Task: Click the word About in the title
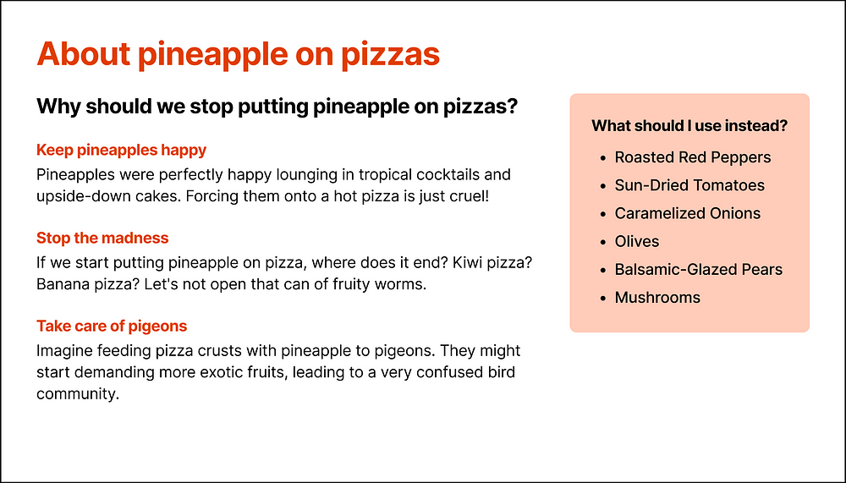click(x=84, y=54)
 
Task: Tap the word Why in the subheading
click(x=58, y=107)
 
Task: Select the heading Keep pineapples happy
click(x=121, y=150)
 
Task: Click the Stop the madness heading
click(x=102, y=238)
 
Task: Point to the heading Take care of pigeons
click(x=112, y=326)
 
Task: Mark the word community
click(x=78, y=394)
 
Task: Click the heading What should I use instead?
click(x=689, y=126)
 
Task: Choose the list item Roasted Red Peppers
click(x=693, y=157)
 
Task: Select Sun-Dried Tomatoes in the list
click(x=689, y=185)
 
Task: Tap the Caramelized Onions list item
click(x=687, y=213)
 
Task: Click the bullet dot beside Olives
click(x=603, y=242)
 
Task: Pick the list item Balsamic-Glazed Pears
click(x=699, y=269)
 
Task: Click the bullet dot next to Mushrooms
click(x=603, y=298)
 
